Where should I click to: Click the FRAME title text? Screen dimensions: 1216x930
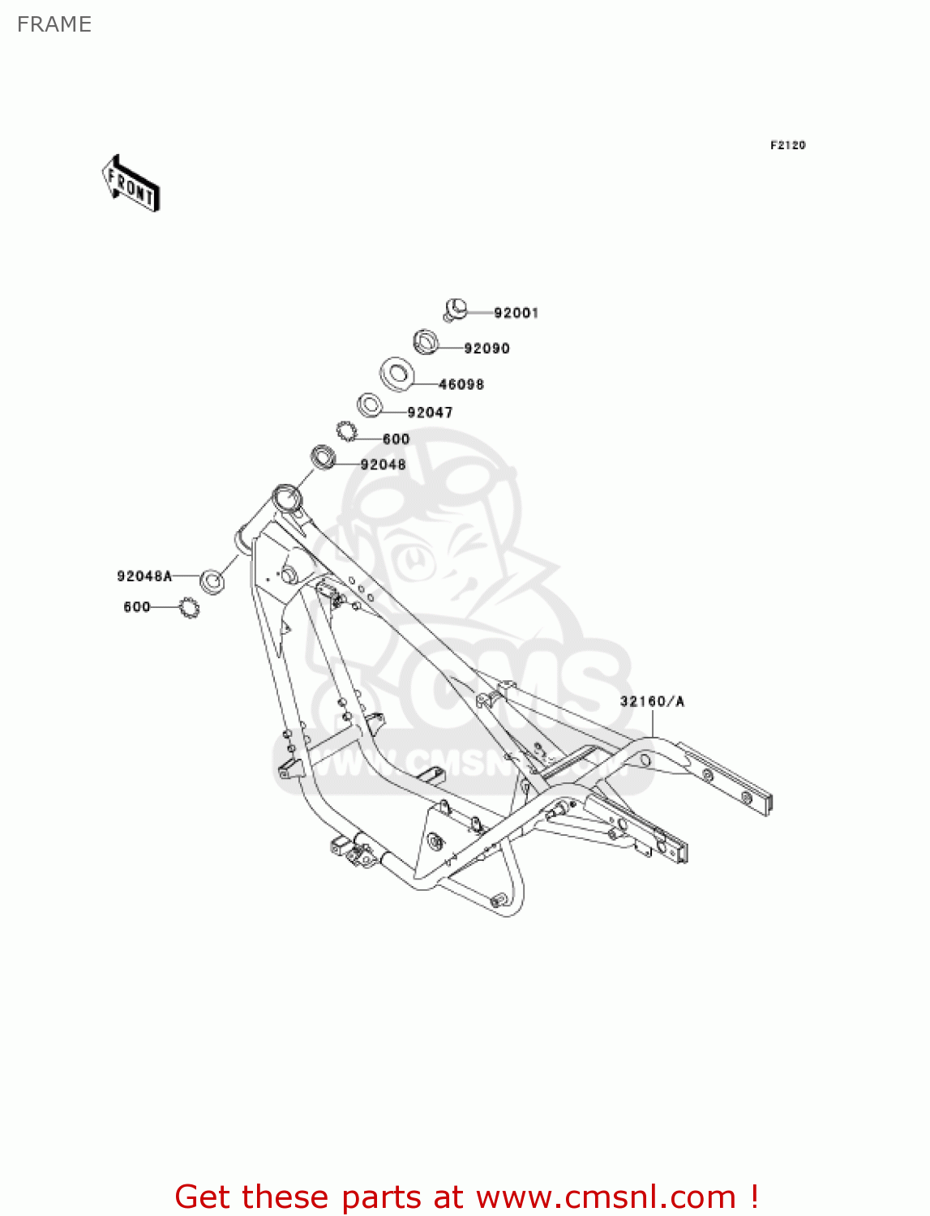[54, 24]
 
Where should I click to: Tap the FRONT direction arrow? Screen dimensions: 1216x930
[131, 184]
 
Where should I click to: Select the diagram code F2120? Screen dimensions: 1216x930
[787, 145]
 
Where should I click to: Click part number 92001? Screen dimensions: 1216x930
[516, 313]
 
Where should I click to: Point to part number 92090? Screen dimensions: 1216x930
[486, 349]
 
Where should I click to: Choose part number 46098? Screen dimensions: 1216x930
[461, 384]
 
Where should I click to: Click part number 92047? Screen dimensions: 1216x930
[430, 413]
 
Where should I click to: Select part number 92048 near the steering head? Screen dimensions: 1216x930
[383, 465]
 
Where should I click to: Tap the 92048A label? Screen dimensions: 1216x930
[144, 576]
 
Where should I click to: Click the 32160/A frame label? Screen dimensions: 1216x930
[652, 701]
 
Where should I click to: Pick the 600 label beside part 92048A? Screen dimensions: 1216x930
[137, 606]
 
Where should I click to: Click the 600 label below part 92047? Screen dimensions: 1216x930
[396, 439]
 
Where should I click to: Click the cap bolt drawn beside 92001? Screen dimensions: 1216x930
[456, 309]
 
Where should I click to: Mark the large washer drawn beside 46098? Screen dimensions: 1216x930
[398, 373]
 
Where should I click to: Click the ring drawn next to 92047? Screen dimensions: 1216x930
[370, 405]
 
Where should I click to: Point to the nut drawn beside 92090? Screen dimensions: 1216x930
[426, 342]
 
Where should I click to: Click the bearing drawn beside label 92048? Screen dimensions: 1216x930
[324, 457]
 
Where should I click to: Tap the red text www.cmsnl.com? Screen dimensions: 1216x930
[606, 1197]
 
